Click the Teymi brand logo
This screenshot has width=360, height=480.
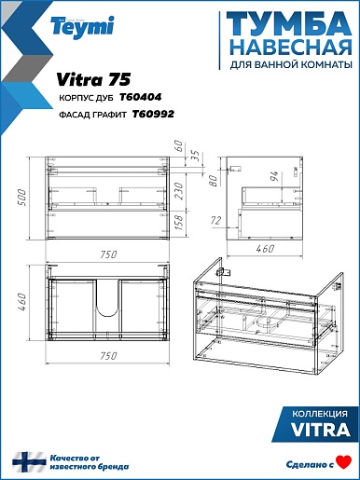tap(83, 27)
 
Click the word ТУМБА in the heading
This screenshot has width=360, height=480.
tap(289, 24)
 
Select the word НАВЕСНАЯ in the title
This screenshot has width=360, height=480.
tap(292, 47)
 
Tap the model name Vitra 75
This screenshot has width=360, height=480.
tap(93, 79)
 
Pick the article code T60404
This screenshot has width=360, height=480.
tap(141, 97)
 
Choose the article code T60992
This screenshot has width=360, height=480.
tap(153, 115)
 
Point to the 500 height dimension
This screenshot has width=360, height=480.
tap(22, 198)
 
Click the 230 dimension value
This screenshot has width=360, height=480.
tap(179, 191)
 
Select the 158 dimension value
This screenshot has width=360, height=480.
tap(179, 223)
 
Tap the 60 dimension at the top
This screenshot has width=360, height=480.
tap(178, 145)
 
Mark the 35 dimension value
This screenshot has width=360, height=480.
tap(195, 156)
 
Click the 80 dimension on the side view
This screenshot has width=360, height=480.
tap(214, 180)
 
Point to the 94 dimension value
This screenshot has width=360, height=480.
tap(275, 176)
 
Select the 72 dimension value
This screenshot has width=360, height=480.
tap(216, 221)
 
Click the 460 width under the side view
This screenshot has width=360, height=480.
tap(265, 249)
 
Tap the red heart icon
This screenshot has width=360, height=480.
tap(344, 461)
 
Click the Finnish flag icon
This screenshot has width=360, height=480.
tap(29, 462)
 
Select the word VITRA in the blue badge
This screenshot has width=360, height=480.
tap(320, 431)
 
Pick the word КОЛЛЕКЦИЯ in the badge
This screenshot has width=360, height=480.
tap(320, 414)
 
